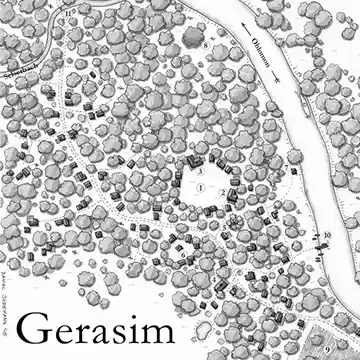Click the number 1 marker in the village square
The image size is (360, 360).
pyautogui.click(x=200, y=187)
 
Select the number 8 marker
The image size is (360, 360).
pyautogui.click(x=207, y=45)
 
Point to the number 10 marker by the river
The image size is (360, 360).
pyautogui.click(x=327, y=235)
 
